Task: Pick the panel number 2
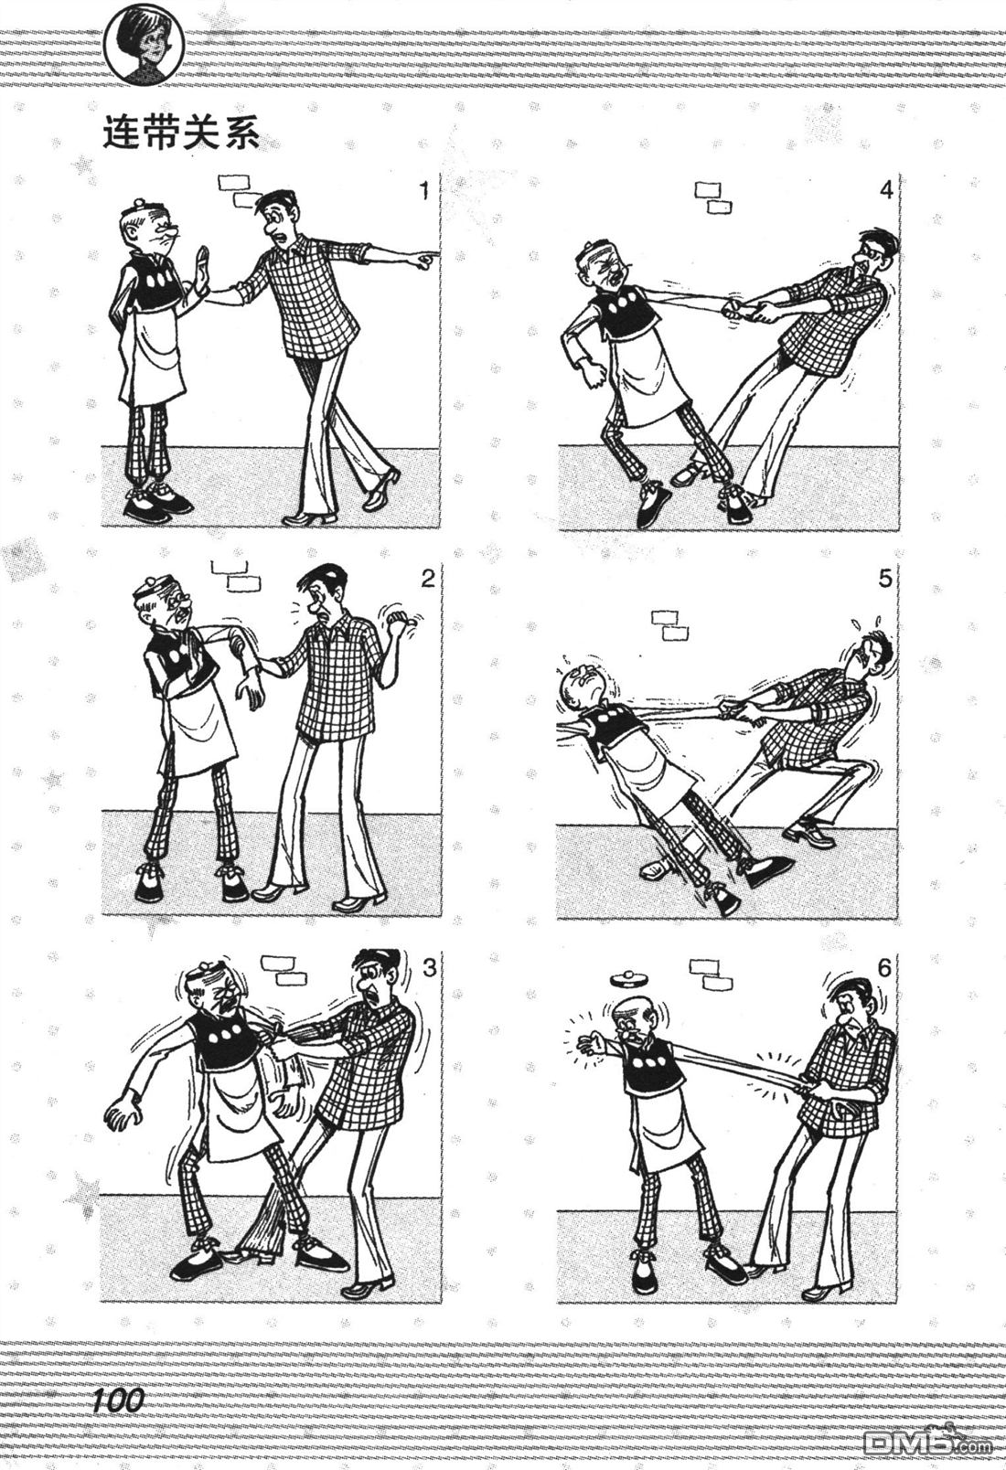[x=426, y=578]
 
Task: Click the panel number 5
[x=884, y=578]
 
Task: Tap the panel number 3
[x=429, y=967]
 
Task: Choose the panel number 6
[x=883, y=967]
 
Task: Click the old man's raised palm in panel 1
[x=203, y=269]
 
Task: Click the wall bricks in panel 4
[x=713, y=197]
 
